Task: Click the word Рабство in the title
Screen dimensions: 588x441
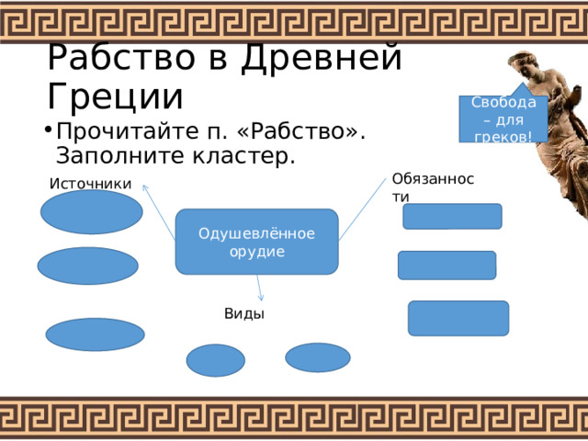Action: pos(121,58)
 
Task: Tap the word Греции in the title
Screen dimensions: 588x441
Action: pos(116,96)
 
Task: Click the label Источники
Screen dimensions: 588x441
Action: pos(90,184)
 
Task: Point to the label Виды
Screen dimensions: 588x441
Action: pos(244,314)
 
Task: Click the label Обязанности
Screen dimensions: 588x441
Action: pos(433,187)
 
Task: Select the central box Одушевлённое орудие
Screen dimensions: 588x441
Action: pos(257,242)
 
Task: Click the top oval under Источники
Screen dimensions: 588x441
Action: pos(92,212)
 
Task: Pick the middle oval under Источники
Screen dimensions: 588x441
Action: pos(88,266)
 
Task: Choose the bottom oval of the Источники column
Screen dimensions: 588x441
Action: pos(96,334)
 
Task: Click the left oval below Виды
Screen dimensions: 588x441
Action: pos(216,360)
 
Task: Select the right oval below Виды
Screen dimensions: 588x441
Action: pos(318,357)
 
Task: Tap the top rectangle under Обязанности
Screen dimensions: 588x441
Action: pos(452,217)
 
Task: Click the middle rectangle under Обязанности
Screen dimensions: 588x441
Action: pos(447,266)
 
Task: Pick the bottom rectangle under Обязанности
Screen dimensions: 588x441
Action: pos(458,319)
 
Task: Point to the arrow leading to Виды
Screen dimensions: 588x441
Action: pos(259,288)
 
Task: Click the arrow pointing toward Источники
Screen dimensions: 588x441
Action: pos(159,212)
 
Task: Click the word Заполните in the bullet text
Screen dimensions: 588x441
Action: pos(120,155)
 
